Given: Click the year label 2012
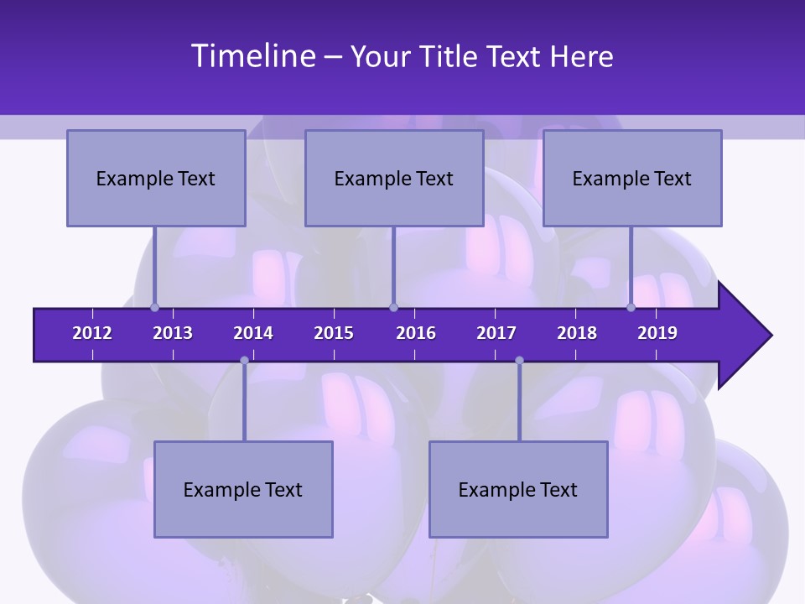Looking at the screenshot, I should (92, 333).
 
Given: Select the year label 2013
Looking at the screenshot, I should (173, 333).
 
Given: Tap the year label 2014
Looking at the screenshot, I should (253, 333).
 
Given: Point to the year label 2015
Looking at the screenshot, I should (334, 333).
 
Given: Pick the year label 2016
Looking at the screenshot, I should (416, 333).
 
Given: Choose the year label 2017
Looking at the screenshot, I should (496, 333).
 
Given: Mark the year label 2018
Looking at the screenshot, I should (577, 333).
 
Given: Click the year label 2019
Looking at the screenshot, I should (657, 333).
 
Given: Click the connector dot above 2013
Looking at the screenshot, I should (154, 307).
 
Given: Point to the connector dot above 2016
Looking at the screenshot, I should (393, 307).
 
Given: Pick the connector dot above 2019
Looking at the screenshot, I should (631, 307).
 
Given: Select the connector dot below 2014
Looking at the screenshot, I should (244, 361).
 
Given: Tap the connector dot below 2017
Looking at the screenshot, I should (519, 361).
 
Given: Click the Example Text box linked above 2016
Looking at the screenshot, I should (394, 178).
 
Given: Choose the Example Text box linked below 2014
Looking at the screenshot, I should (243, 489).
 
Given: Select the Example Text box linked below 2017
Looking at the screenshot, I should (518, 489).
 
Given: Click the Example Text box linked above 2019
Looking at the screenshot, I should (632, 178).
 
